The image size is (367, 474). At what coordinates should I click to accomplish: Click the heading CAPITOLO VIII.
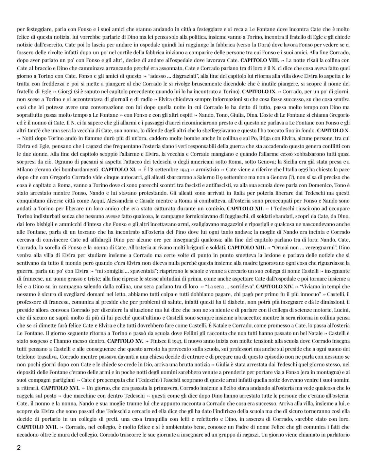pos(260,60)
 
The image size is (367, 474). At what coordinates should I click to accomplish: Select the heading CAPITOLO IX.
pos(260,91)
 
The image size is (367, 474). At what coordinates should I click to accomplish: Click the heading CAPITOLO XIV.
pos(275,286)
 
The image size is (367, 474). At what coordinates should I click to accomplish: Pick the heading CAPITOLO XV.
pos(125,341)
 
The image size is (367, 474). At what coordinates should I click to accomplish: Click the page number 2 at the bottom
pos(19,448)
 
